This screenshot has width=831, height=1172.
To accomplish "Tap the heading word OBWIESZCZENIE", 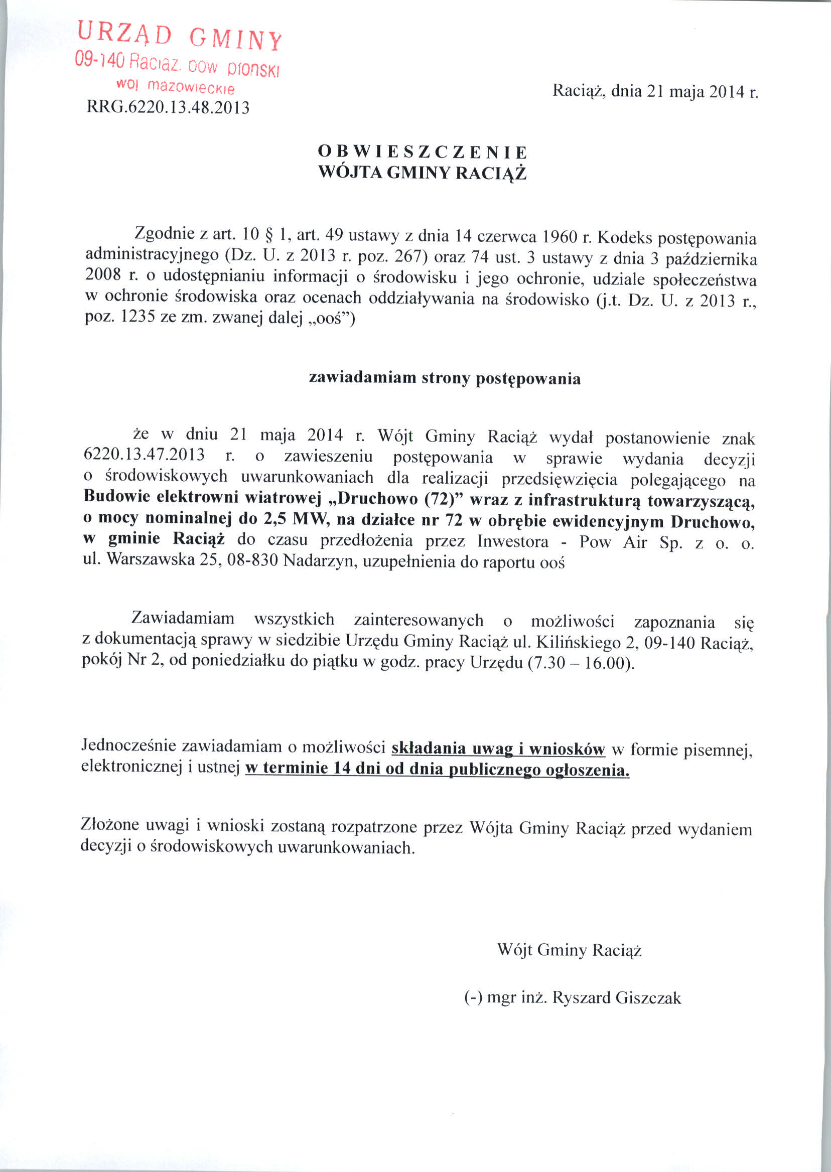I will click(x=422, y=152).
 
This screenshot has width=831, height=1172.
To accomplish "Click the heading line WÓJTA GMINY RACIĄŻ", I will click(x=422, y=173).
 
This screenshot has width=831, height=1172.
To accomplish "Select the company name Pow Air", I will click(x=611, y=542).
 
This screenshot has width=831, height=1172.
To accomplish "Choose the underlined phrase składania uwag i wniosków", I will click(x=498, y=749).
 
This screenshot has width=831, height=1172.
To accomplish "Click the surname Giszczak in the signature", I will click(x=648, y=997).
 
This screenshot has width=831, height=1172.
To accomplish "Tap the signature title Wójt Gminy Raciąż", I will click(x=569, y=950).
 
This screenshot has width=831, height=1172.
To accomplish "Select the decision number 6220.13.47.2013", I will click(x=144, y=455).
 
